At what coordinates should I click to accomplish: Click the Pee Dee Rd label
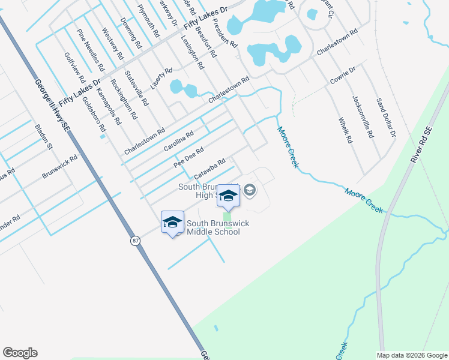click(188, 156)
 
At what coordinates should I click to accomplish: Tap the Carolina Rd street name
click(178, 142)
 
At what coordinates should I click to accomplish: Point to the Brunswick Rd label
click(60, 167)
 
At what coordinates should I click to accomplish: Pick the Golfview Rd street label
click(75, 67)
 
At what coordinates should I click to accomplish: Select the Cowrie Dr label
click(343, 76)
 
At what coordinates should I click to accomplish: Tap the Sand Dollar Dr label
click(385, 118)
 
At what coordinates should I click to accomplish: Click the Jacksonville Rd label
click(363, 117)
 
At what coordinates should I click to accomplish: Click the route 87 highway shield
click(135, 241)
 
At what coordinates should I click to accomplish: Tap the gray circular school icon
click(250, 191)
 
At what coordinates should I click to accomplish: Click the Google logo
click(20, 353)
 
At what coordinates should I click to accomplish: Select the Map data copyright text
click(411, 355)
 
